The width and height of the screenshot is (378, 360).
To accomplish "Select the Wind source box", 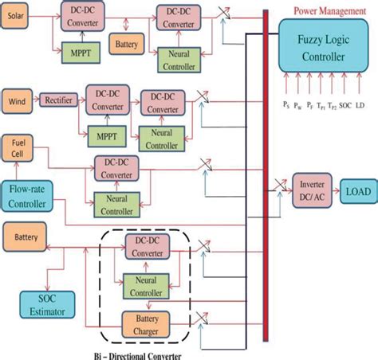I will click(18, 100).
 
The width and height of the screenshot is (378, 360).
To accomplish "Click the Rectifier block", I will click(57, 100).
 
